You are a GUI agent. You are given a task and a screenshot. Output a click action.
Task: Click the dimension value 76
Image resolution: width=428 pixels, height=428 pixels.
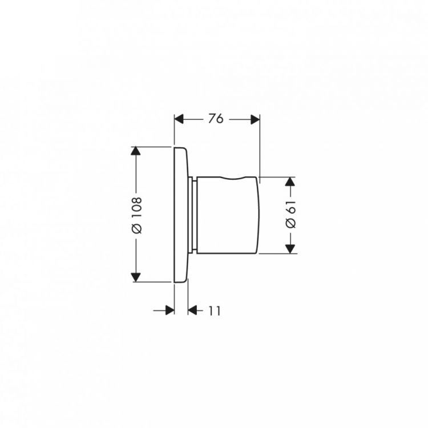pos(216,119)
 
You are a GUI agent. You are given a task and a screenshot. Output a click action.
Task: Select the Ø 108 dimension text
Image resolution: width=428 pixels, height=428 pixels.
pos(137,215)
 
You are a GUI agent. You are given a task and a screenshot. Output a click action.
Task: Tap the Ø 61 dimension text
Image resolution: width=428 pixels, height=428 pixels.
pos(290,214)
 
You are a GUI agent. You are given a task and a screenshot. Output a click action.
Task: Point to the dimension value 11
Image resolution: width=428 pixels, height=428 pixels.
pos(215,310)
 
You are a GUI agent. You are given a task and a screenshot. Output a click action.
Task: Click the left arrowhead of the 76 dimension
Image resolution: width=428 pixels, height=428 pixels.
pos(179,119)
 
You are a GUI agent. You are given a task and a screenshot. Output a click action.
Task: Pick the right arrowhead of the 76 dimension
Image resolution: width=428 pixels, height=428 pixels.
pos(255,119)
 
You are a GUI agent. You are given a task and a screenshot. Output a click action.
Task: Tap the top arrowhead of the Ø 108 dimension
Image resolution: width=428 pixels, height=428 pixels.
pos(136,151)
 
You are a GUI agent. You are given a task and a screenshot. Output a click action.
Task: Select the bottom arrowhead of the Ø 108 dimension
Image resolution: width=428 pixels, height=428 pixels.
pos(136,277)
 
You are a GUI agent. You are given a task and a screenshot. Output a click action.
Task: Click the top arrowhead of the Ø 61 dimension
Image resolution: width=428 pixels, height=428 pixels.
pos(290,181)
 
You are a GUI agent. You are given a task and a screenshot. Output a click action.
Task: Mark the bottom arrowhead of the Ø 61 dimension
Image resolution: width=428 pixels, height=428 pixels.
pos(290,249)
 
